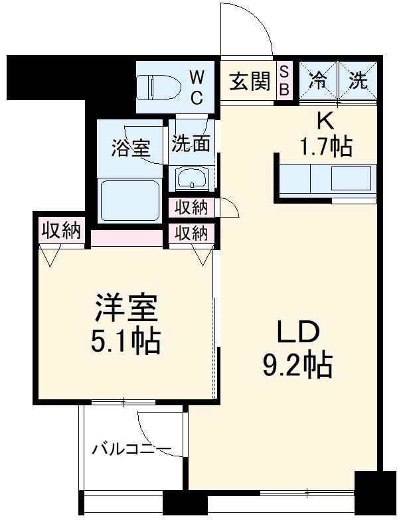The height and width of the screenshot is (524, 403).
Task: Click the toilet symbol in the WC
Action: (158, 86)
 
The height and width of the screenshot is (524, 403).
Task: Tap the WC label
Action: (198, 87)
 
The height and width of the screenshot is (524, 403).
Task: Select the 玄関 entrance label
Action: (250, 82)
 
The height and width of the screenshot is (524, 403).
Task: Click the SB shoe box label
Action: (283, 81)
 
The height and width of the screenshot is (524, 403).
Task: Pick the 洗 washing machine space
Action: (359, 82)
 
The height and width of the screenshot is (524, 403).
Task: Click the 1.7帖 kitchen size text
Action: (325, 146)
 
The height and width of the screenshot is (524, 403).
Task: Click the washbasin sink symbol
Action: (192, 178)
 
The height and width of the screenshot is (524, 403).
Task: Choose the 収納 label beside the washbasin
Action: (191, 208)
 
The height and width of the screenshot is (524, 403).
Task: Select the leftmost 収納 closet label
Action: (62, 230)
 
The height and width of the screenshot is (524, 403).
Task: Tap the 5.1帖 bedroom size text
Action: (125, 342)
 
